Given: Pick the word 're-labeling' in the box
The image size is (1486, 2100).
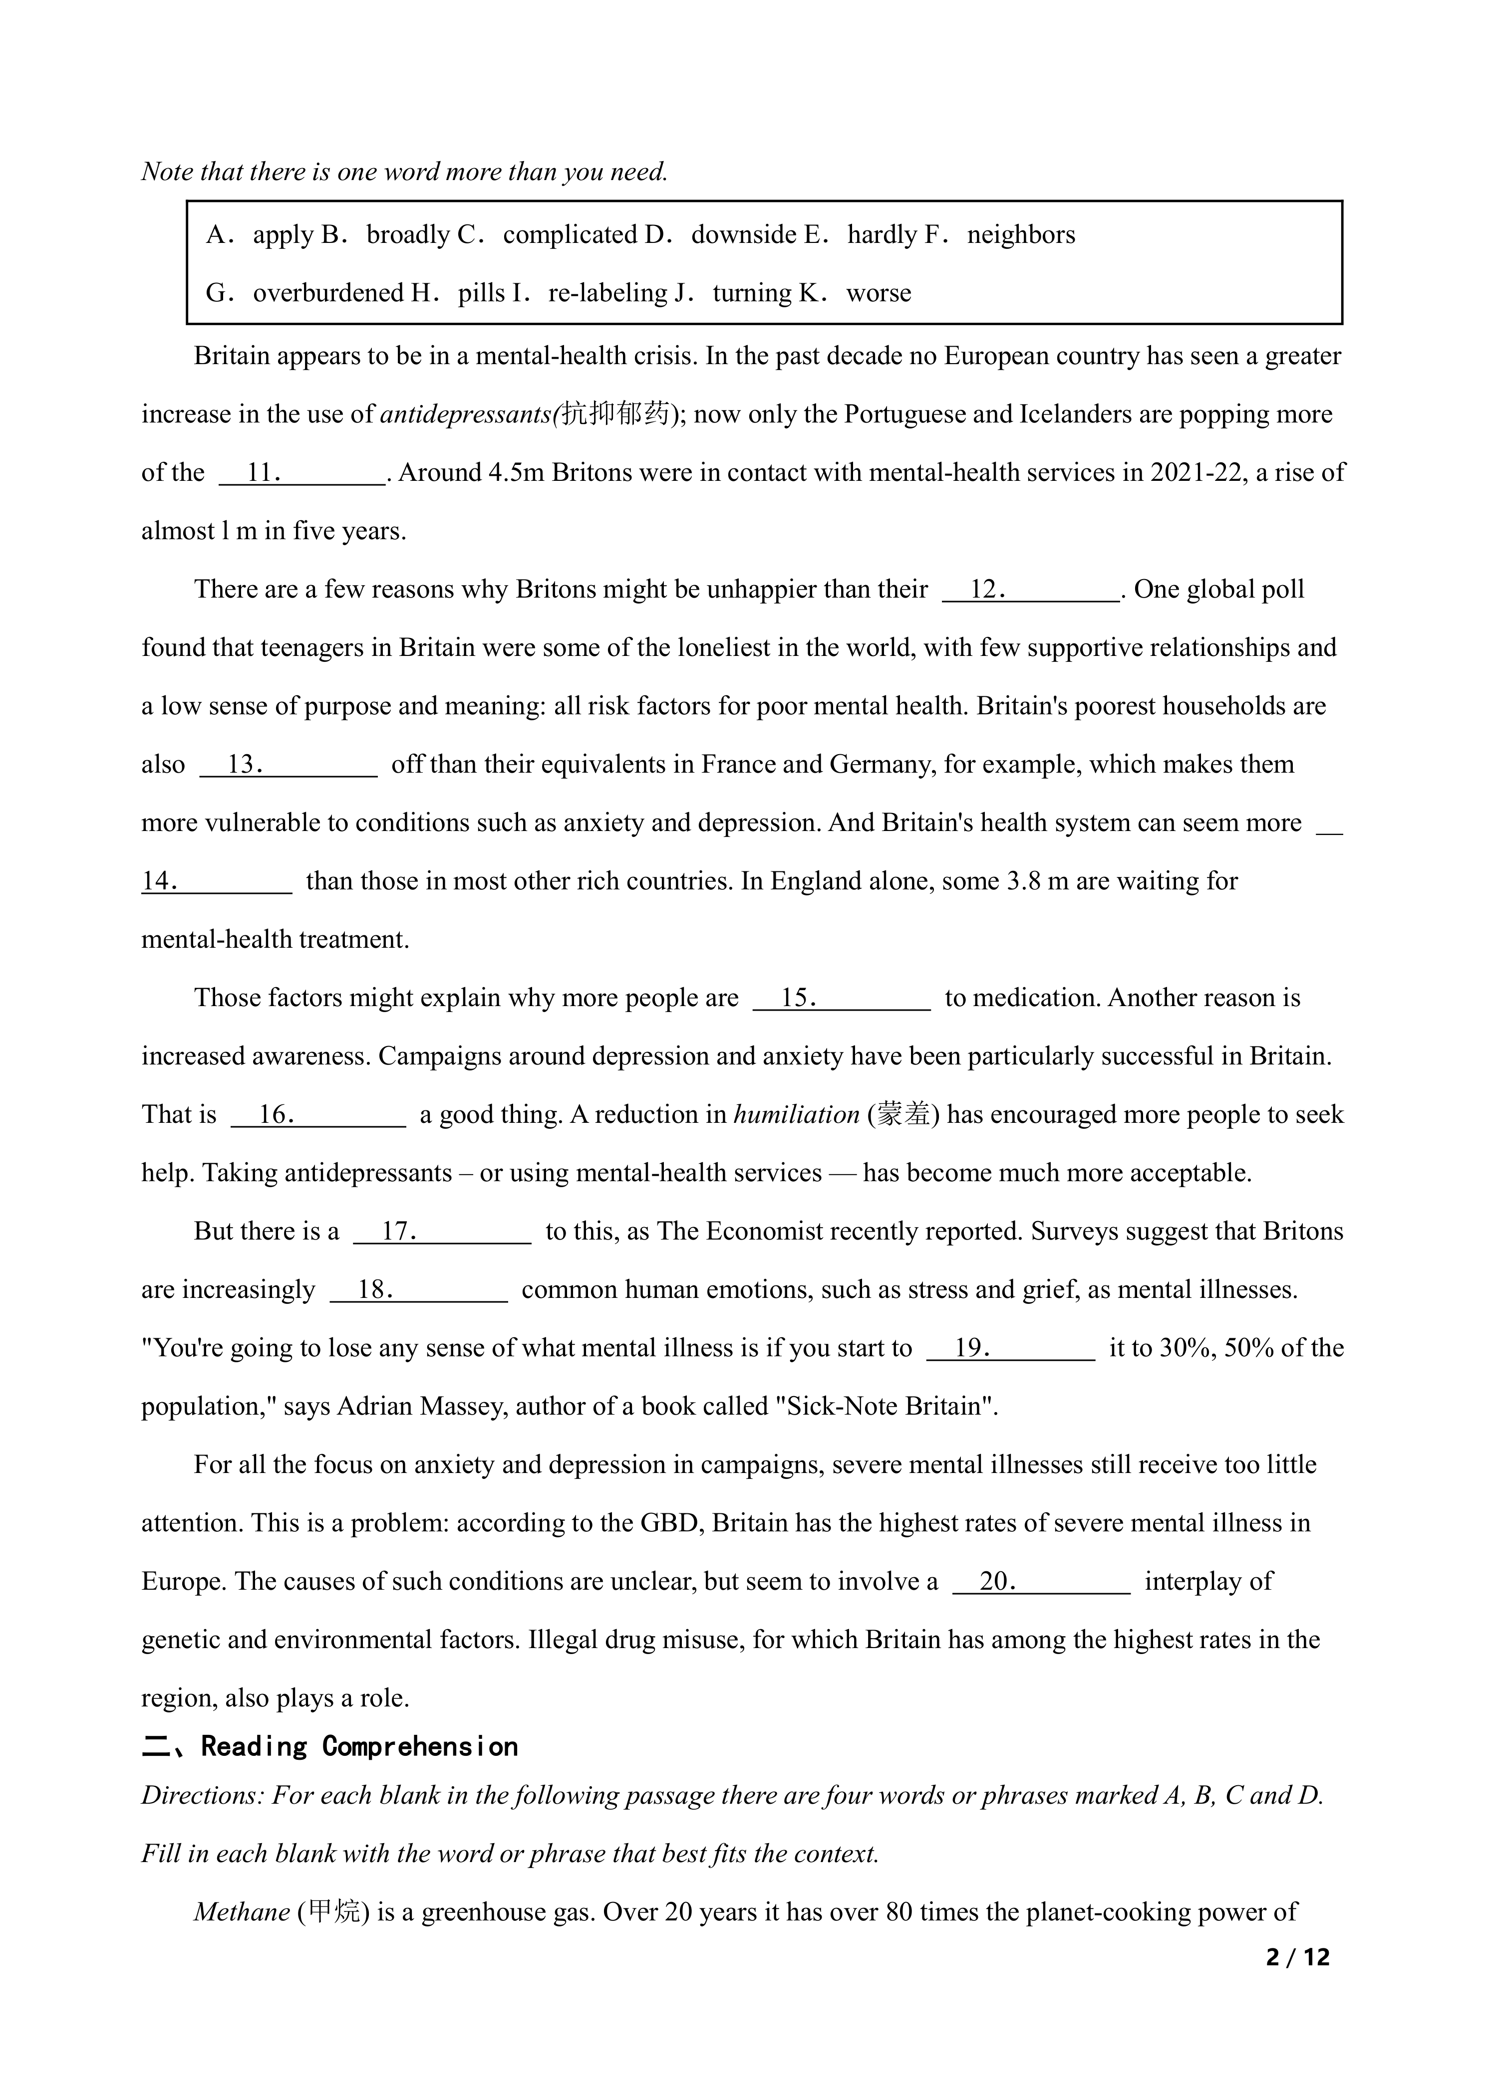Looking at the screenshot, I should point(608,294).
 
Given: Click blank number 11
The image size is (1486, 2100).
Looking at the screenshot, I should point(302,473).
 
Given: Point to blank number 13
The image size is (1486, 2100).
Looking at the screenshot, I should point(288,765).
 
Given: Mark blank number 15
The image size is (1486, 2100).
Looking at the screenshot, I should point(842,998).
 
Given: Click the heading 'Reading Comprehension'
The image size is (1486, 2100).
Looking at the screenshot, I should point(359,1747).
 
